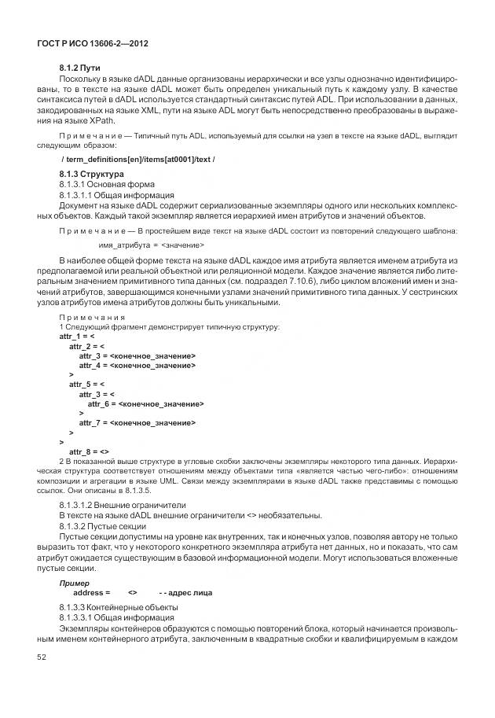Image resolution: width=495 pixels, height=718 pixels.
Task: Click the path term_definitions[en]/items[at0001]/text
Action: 137,160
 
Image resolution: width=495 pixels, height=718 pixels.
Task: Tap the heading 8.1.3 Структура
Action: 92,173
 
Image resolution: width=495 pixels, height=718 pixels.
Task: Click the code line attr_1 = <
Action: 76,336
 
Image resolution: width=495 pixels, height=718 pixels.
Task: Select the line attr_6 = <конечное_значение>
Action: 145,403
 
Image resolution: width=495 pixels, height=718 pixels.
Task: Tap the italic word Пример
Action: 73,584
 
